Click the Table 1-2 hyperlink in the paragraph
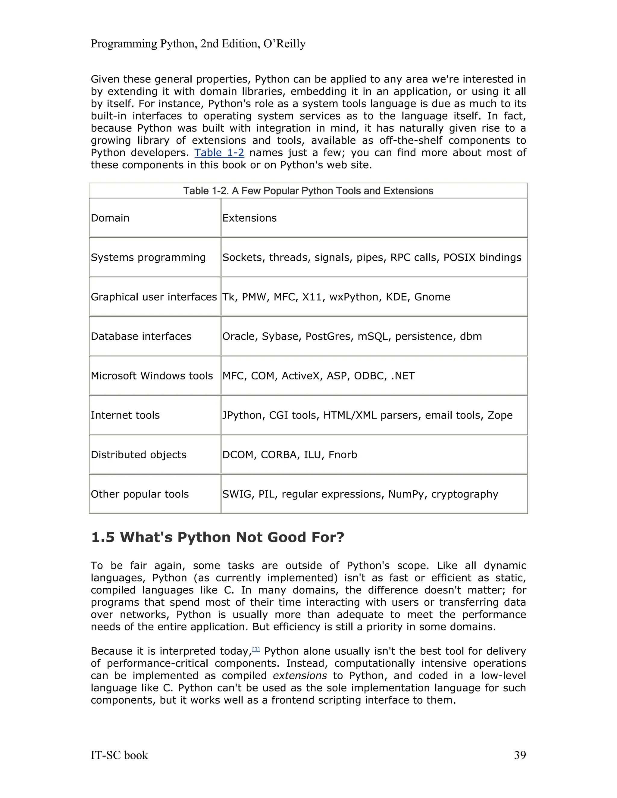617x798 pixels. (219, 153)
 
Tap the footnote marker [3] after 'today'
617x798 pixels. (256, 649)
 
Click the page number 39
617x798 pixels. (520, 755)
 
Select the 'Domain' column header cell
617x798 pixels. (110, 218)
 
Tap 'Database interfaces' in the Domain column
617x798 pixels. (141, 337)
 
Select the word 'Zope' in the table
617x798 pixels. (500, 416)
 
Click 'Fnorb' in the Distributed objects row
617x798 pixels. (343, 455)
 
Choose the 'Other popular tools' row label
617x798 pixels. (139, 494)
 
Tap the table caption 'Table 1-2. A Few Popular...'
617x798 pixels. (308, 191)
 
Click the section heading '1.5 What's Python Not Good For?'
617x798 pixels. (218, 538)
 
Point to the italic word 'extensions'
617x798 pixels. (300, 676)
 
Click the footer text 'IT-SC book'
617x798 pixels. (119, 755)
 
